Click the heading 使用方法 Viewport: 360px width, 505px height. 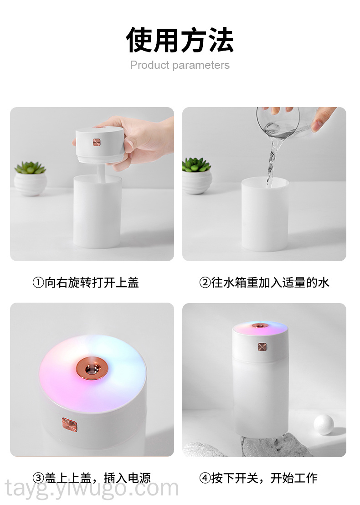[x=180, y=40]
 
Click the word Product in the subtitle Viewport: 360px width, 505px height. [x=149, y=65]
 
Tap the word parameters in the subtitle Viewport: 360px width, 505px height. [x=201, y=65]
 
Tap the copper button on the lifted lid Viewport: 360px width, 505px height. [x=97, y=142]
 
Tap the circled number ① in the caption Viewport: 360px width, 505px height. [x=38, y=283]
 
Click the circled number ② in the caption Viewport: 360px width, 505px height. [x=205, y=283]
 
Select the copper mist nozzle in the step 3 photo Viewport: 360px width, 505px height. [x=93, y=368]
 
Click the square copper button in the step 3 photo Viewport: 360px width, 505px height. [x=70, y=425]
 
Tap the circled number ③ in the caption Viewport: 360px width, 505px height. [x=38, y=478]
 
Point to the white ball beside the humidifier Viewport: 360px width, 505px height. [x=324, y=425]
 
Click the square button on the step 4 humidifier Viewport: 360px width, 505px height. [x=262, y=347]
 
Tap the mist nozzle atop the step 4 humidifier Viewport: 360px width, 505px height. [x=260, y=325]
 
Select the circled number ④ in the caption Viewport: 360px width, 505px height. [x=205, y=478]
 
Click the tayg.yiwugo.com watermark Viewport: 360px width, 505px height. [x=92, y=489]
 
